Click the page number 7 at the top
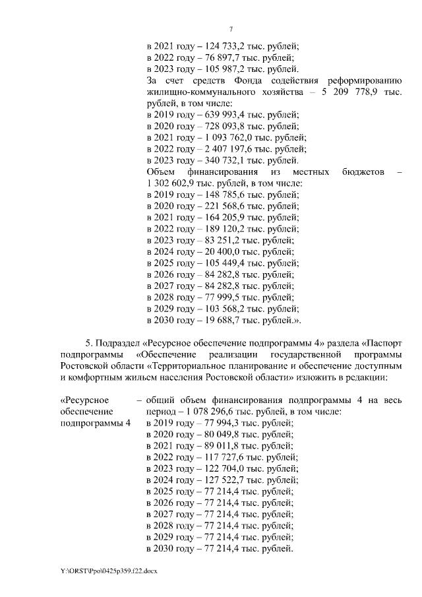coord(231,28)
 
